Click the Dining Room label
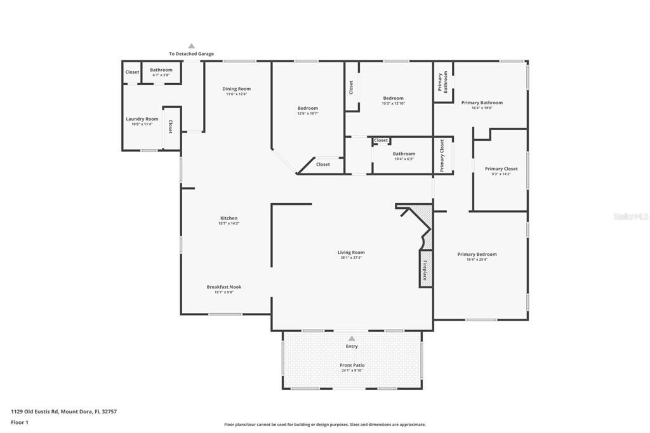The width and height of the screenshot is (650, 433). tap(236, 89)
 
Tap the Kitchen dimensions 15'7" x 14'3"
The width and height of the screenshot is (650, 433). tap(229, 223)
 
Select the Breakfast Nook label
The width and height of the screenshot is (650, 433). tap(224, 287)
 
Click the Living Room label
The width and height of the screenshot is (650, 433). tap(351, 253)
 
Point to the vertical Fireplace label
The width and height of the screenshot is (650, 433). tap(425, 269)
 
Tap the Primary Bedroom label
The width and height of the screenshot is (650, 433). tap(477, 255)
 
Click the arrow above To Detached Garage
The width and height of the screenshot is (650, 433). tap(191, 46)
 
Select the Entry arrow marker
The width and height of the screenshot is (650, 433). tap(352, 338)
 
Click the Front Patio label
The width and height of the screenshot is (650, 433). tap(352, 365)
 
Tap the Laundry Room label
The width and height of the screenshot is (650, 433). tap(142, 119)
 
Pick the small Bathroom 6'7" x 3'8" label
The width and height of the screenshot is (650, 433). tap(161, 70)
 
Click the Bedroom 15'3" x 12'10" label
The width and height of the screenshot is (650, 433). tap(393, 98)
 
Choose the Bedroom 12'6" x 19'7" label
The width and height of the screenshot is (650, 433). tap(308, 108)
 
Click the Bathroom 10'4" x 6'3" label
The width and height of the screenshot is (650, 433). tap(404, 154)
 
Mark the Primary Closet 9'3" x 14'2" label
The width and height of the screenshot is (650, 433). tap(501, 169)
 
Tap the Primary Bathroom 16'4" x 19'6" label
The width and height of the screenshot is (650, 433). tap(482, 103)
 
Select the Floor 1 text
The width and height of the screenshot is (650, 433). tap(20, 422)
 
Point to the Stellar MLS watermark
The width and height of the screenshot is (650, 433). tap(630, 216)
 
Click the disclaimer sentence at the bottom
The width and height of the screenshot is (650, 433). tap(324, 425)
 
